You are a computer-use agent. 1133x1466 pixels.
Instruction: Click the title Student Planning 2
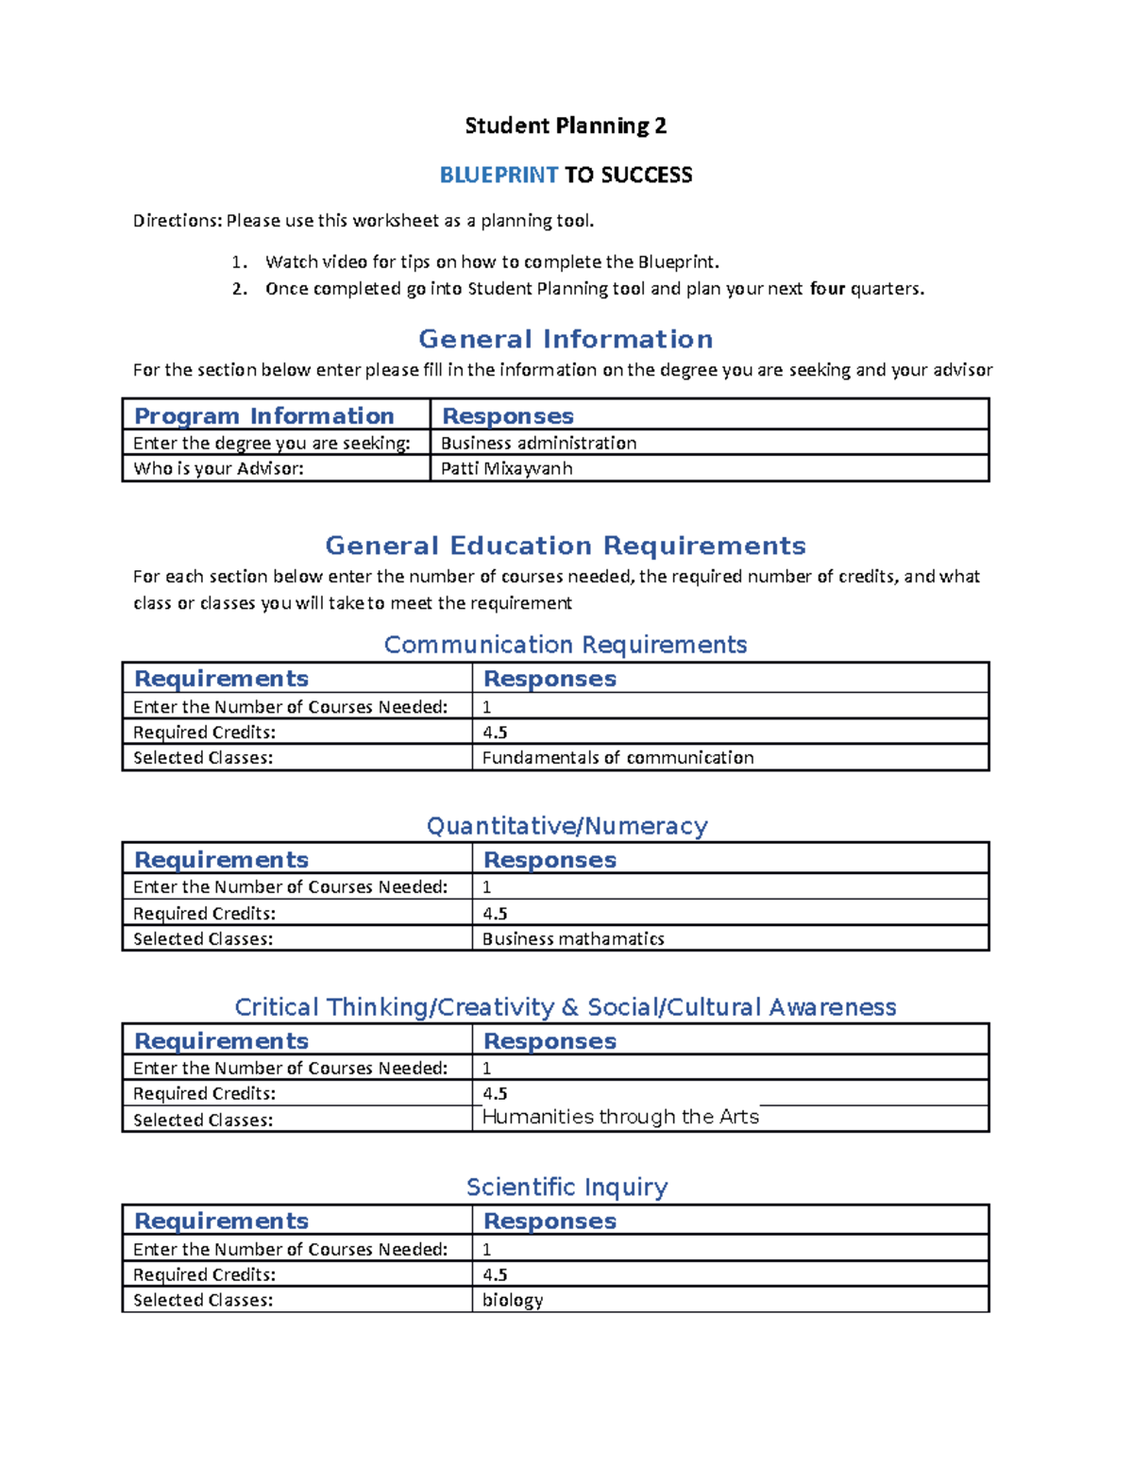point(566,126)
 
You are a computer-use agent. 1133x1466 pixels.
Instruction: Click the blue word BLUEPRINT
point(499,175)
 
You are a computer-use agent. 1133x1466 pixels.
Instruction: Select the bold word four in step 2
point(827,289)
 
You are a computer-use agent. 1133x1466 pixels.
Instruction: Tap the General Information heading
point(566,339)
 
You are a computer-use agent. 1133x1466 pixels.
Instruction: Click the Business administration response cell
point(538,443)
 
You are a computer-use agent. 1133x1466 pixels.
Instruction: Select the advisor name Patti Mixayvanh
point(506,468)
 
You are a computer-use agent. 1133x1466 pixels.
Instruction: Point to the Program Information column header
point(264,416)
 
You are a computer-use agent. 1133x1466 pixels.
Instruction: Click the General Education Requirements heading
point(566,546)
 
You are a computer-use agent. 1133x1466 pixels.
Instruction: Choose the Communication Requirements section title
point(566,645)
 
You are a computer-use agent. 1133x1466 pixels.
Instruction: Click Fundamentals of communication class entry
point(617,757)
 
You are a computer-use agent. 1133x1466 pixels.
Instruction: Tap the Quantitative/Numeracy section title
point(566,826)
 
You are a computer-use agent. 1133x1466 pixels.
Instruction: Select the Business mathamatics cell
point(573,938)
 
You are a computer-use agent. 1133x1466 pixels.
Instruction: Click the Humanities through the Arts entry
point(620,1117)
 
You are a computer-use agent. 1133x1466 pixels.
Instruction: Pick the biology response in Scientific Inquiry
point(513,1300)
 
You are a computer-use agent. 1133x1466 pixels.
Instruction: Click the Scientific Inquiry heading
point(566,1187)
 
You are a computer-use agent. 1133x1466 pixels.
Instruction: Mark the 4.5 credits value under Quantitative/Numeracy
point(495,913)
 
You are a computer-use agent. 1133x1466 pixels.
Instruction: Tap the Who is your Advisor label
point(218,468)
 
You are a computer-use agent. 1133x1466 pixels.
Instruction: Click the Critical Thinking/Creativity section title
point(566,1007)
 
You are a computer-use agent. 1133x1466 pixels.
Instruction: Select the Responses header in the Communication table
point(550,679)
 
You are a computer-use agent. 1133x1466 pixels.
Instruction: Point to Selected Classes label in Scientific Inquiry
point(203,1300)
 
